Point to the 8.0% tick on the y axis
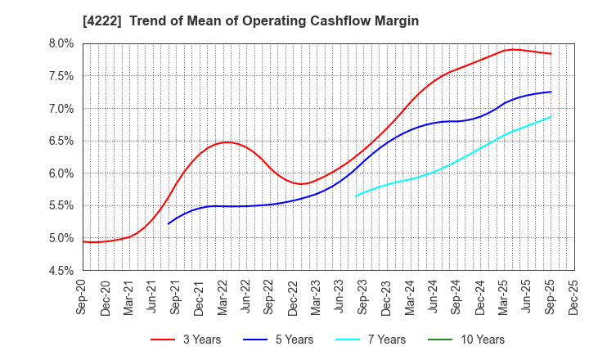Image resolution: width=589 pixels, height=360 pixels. coord(62,43)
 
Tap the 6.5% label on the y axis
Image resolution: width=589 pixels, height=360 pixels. coord(62,141)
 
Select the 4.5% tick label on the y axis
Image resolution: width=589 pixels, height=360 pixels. coord(62,271)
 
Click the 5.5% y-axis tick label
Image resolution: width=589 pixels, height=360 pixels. coord(62,206)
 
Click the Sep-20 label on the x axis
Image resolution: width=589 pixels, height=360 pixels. coord(83,296)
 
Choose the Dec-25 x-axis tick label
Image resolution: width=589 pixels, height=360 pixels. coord(574,296)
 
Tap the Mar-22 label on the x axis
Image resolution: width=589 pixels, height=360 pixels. coord(223,296)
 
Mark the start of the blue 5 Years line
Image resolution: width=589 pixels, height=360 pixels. coord(169,223)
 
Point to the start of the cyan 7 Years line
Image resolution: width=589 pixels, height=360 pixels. coord(356,196)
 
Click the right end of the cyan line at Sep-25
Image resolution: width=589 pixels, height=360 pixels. coord(551,116)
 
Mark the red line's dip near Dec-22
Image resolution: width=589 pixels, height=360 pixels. coord(301,183)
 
